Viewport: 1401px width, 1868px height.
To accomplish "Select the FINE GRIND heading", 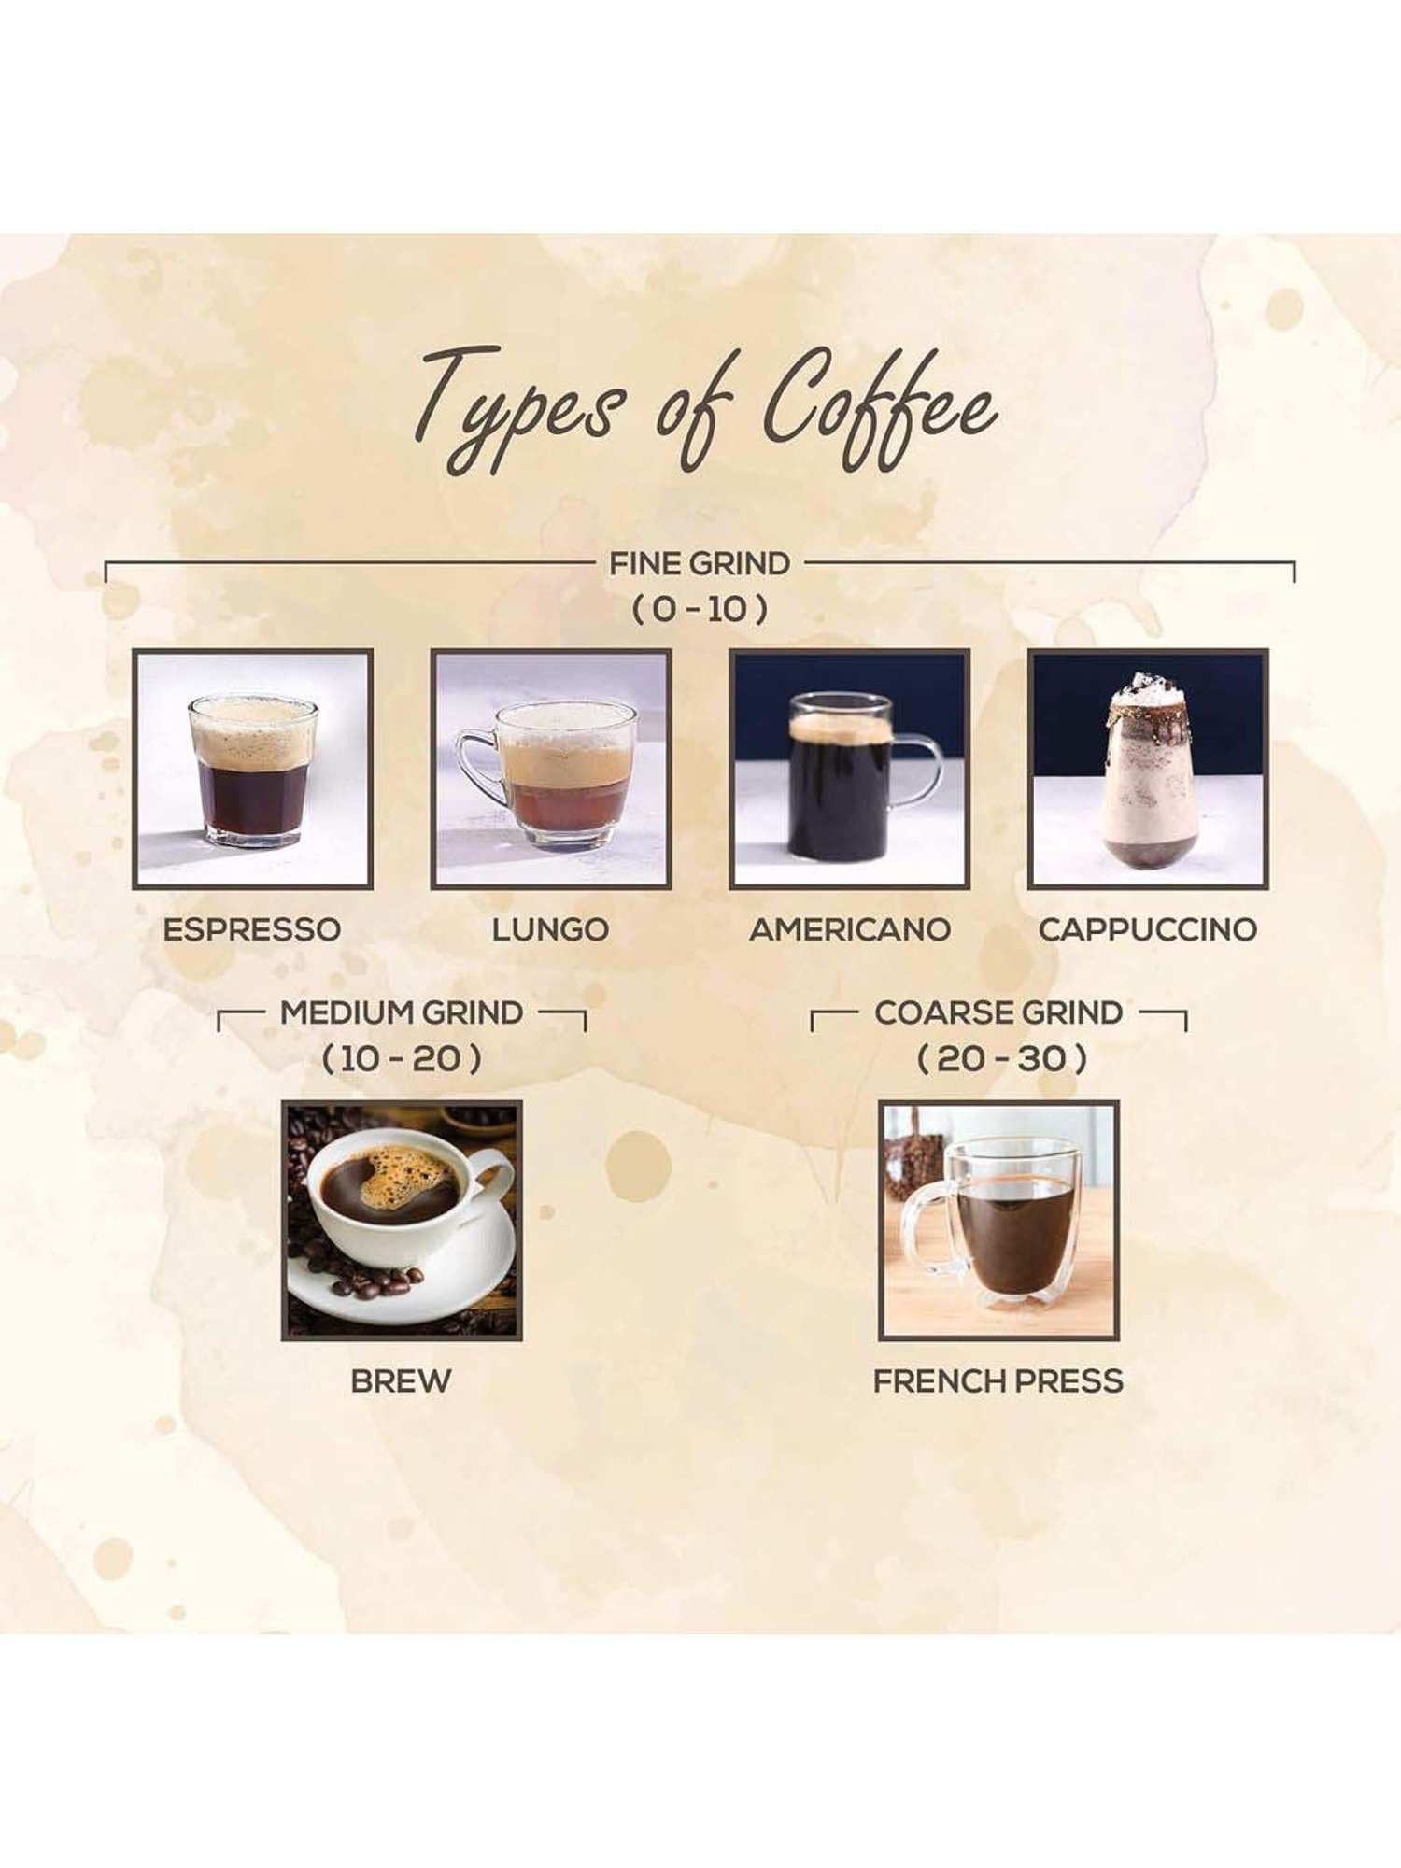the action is point(700,563).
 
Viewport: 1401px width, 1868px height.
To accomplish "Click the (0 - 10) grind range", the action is point(700,610).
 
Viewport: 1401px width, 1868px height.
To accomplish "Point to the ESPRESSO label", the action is point(252,929).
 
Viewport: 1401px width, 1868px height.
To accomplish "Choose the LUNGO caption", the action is point(550,929).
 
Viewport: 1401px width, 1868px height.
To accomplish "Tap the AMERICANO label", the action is point(850,929).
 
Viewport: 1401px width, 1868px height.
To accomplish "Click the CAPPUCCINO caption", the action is point(1148,929).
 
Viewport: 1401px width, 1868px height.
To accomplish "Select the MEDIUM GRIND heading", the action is point(402,1012).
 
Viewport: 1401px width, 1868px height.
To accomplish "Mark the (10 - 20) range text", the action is point(402,1059).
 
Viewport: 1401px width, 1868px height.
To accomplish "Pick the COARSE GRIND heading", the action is point(998,1012).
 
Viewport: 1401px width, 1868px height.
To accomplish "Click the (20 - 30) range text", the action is point(1001,1059).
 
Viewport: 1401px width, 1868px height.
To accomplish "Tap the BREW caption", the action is point(401,1380).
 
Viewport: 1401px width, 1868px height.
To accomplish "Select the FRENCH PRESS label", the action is point(998,1380).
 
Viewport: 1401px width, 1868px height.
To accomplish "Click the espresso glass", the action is point(252,771).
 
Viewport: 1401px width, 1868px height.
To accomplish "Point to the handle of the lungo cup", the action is point(476,768).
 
